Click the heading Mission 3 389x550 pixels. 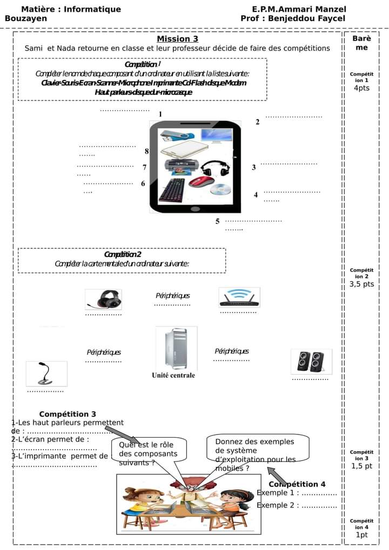(x=177, y=39)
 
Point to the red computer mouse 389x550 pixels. (x=202, y=181)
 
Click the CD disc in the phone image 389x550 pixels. (x=220, y=190)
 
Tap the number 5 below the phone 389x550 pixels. (x=217, y=221)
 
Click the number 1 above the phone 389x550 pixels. (x=160, y=114)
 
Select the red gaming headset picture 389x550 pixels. (x=103, y=299)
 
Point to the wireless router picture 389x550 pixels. (x=239, y=297)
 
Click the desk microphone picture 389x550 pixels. (x=46, y=374)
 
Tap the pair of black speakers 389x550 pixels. (x=311, y=362)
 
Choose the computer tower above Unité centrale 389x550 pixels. (x=176, y=348)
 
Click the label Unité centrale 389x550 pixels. (x=173, y=375)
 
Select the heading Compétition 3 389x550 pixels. (x=68, y=414)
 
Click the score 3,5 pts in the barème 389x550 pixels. (x=361, y=284)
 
